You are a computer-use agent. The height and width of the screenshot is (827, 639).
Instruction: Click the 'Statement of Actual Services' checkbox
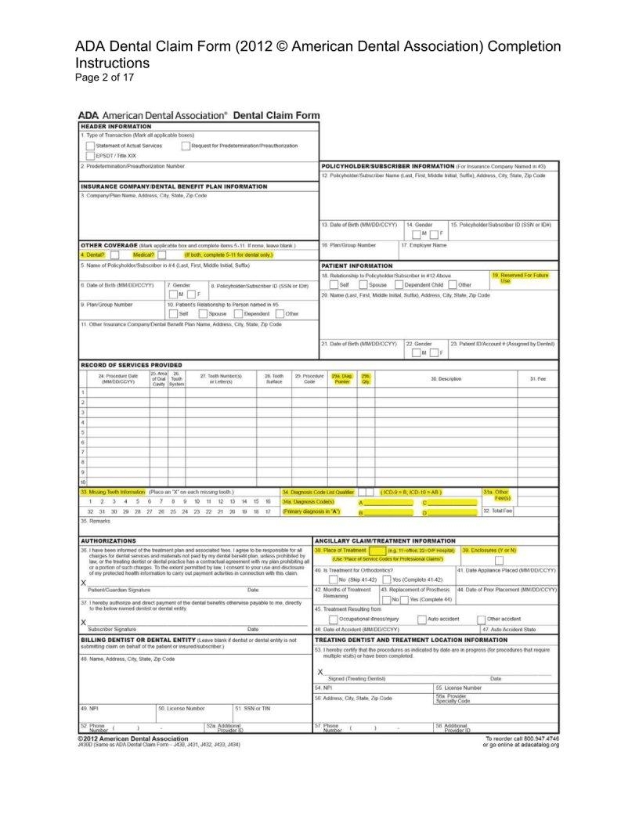90,146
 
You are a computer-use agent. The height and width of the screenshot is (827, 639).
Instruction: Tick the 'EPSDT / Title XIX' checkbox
90,156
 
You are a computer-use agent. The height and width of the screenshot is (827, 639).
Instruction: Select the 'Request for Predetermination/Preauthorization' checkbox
186,146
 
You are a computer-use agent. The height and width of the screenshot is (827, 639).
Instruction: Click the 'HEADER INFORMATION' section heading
116,126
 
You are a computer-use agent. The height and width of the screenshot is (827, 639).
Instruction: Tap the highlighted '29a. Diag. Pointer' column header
341,378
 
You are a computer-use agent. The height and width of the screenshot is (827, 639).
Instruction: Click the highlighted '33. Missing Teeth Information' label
113,491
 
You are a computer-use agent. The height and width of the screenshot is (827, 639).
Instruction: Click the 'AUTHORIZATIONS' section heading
109,540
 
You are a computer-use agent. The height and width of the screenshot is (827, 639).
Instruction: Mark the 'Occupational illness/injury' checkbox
334,619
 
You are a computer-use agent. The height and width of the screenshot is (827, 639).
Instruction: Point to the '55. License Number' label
458,687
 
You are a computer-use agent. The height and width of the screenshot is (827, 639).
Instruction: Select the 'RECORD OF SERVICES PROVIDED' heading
132,365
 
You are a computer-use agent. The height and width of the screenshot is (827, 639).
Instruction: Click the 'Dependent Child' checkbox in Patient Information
399,285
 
